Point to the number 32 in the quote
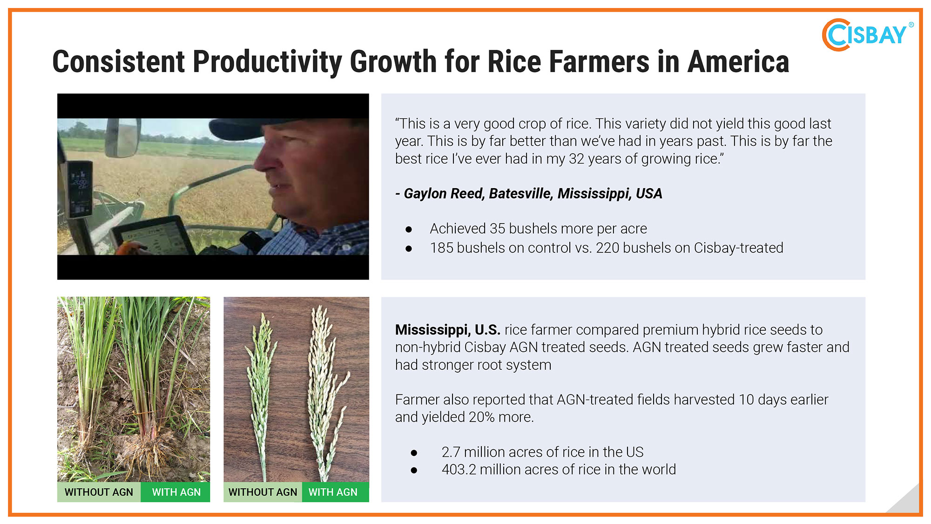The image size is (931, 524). (576, 159)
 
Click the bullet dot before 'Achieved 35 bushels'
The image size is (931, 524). (409, 229)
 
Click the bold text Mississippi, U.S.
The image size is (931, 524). (448, 330)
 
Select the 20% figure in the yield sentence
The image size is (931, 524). (481, 417)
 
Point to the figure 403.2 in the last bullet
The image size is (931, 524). (459, 470)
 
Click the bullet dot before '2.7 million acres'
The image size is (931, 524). (414, 452)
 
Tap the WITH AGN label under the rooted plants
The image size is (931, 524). (176, 492)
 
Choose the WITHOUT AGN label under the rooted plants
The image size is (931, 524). (99, 492)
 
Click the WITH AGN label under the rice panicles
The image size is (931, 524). (333, 492)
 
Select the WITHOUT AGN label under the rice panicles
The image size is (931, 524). (263, 492)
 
